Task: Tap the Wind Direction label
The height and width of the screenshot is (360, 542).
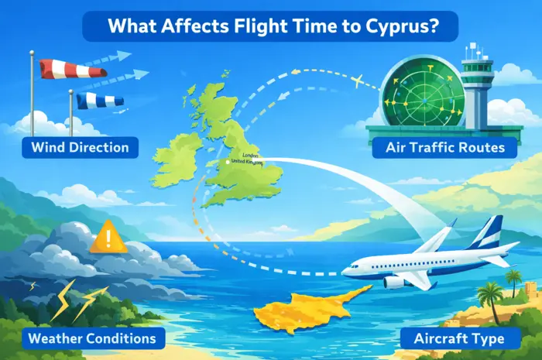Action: pyautogui.click(x=81, y=146)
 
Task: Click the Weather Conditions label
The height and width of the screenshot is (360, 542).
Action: pyautogui.click(x=91, y=338)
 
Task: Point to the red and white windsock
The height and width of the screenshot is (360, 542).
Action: pyautogui.click(x=74, y=69)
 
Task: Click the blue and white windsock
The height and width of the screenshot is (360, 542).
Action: pyautogui.click(x=100, y=99)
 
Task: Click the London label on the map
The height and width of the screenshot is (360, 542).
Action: pyautogui.click(x=249, y=155)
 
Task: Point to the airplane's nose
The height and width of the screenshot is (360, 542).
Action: pyautogui.click(x=346, y=271)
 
